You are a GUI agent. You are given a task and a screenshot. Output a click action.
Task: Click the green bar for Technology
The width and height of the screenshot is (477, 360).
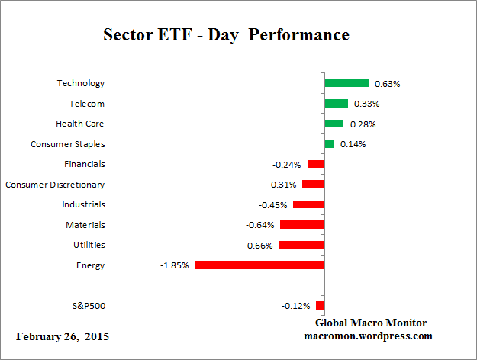pyautogui.click(x=346, y=83)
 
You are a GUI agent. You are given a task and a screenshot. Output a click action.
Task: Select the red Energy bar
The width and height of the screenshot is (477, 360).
pyautogui.click(x=259, y=265)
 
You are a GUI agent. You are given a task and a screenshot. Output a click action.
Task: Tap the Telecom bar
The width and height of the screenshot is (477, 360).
pyautogui.click(x=336, y=104)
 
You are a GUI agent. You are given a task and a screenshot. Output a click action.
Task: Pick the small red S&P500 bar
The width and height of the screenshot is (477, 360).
pyautogui.click(x=321, y=306)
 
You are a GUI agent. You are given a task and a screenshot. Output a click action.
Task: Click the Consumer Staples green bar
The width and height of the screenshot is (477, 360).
pyautogui.click(x=330, y=144)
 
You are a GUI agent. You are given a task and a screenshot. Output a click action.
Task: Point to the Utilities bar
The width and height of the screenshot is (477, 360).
pyautogui.click(x=301, y=245)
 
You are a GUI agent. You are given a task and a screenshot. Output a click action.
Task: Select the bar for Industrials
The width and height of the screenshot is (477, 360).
pyautogui.click(x=309, y=204)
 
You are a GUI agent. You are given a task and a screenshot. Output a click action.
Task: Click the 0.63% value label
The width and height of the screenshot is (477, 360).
pyautogui.click(x=385, y=84)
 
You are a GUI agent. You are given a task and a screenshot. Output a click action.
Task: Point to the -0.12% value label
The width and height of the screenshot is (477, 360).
pyautogui.click(x=296, y=306)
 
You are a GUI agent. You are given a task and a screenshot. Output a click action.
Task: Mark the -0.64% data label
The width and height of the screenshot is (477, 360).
pyautogui.click(x=259, y=225)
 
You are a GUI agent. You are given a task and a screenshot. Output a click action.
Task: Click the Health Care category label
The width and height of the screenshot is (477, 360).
pyautogui.click(x=80, y=124)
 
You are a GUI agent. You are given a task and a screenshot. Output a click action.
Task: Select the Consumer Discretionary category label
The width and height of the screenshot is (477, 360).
pyautogui.click(x=55, y=185)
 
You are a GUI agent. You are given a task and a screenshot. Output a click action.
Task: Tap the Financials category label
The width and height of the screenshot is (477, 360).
pyautogui.click(x=84, y=164)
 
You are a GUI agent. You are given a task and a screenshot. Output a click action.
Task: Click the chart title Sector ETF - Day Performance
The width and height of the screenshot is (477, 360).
pyautogui.click(x=225, y=35)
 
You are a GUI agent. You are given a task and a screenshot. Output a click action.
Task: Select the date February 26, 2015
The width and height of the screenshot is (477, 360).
pyautogui.click(x=63, y=336)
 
